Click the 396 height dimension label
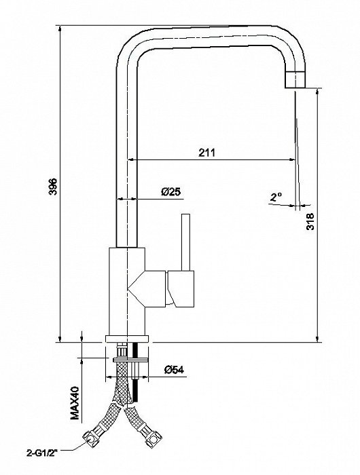pyautogui.click(x=53, y=187)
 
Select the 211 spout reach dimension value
pyautogui.click(x=206, y=153)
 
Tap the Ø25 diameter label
pyautogui.click(x=170, y=191)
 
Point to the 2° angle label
pyautogui.click(x=276, y=197)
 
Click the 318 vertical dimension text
pyautogui.click(x=310, y=222)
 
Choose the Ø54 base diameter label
pyautogui.click(x=174, y=370)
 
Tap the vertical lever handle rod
pyautogui.click(x=185, y=242)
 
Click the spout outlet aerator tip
pyautogui.click(x=295, y=79)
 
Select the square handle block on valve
pyautogui.click(x=181, y=288)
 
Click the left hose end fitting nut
pyautogui.click(x=91, y=436)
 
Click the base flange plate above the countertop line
pyautogui.click(x=127, y=339)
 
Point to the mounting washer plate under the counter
pyautogui.click(x=130, y=360)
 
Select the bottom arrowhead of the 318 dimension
pyautogui.click(x=317, y=339)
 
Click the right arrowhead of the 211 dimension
pyautogui.click(x=291, y=159)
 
